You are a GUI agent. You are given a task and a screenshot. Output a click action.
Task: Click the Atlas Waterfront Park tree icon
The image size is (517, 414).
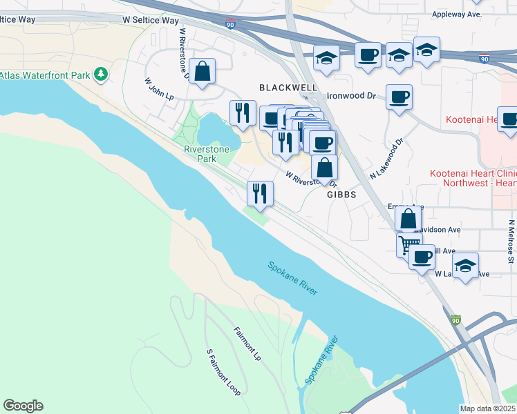[101, 73]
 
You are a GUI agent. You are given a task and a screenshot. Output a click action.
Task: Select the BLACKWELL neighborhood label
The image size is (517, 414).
[288, 88]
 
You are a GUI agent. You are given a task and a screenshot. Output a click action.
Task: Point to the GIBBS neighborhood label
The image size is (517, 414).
[341, 195]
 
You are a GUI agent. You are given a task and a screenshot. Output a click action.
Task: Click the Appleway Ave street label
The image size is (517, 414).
[455, 14]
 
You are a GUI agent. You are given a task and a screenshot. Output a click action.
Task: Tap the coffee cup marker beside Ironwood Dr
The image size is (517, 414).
[399, 97]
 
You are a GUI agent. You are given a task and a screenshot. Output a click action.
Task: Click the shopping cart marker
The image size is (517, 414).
[408, 244]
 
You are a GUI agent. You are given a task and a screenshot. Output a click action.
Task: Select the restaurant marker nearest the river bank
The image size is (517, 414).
[260, 193]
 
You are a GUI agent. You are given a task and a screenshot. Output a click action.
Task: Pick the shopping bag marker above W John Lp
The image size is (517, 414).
[202, 71]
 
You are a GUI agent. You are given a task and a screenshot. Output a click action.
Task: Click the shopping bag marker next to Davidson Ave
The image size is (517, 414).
[408, 218]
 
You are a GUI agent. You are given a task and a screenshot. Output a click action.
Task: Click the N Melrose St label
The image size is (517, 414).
[511, 241]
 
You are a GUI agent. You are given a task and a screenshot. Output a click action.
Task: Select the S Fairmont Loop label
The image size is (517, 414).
[223, 372]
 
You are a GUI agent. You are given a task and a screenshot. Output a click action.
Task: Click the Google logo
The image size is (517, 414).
[23, 406]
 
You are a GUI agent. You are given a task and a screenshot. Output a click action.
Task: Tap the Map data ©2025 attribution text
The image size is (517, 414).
[488, 408]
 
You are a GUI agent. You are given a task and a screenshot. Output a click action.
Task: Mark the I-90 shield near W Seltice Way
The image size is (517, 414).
[229, 24]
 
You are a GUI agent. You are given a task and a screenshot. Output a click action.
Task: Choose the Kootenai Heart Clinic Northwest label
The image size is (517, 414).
[473, 179]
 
